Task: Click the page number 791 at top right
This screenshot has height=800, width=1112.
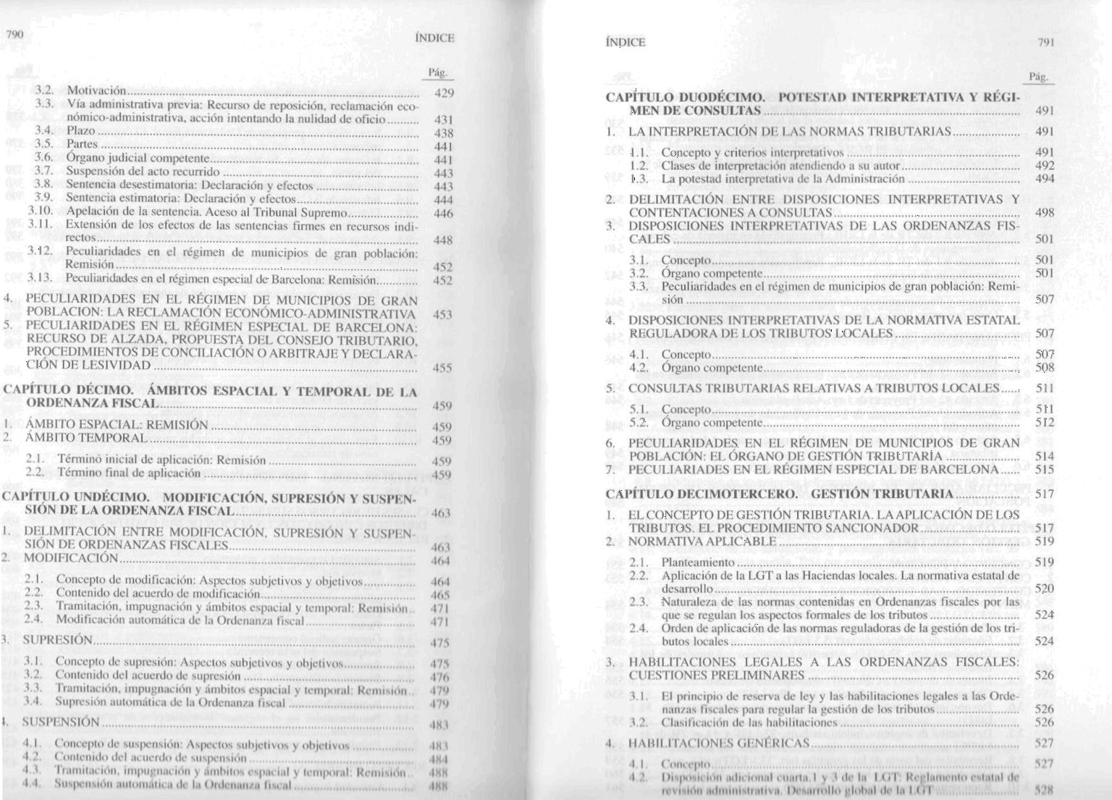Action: tap(1045, 42)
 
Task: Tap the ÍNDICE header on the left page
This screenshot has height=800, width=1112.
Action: tap(434, 38)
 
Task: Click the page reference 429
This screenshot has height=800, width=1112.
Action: tap(442, 93)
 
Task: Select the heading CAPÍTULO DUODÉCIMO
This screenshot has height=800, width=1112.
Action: tap(685, 97)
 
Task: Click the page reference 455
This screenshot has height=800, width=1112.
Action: tap(442, 368)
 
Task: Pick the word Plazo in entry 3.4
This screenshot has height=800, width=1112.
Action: tap(80, 131)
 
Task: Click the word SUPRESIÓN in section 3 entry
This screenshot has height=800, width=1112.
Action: tap(58, 640)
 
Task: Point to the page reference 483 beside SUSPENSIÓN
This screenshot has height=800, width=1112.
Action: tap(439, 725)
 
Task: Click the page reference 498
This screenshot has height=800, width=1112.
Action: tap(1045, 213)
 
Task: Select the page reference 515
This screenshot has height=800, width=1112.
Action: tap(1045, 470)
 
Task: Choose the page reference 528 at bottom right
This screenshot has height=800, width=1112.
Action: tap(1044, 790)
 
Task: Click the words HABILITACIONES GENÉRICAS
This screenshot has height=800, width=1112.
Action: tap(718, 744)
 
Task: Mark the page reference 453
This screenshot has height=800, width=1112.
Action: tap(442, 315)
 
